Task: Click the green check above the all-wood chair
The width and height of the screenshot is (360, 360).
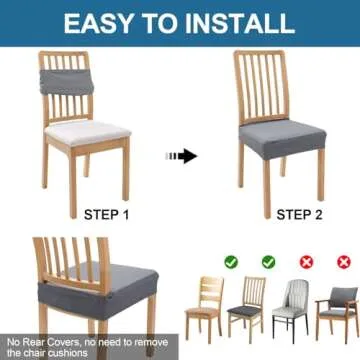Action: [231, 262]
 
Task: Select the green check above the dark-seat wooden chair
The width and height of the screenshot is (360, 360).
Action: [268, 262]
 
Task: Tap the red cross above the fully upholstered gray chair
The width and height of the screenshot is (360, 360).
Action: [307, 262]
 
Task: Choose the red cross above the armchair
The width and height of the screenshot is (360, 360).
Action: [343, 262]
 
